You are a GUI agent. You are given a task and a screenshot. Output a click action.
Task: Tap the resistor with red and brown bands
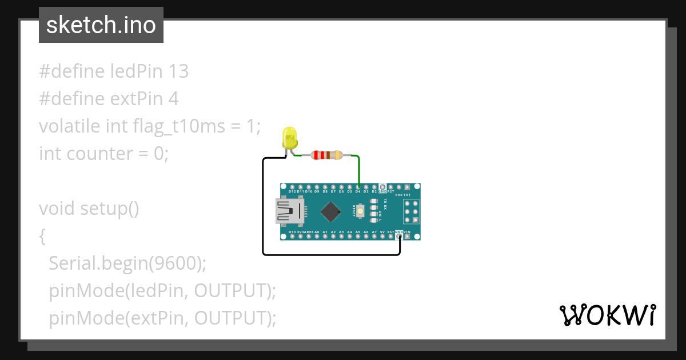[325, 155]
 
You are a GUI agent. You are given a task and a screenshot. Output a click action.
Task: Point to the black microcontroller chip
[330, 211]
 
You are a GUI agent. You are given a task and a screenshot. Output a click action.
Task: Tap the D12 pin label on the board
[292, 192]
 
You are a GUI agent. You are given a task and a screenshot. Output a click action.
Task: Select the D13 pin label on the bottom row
[292, 232]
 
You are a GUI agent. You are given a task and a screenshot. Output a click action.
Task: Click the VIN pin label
[407, 232]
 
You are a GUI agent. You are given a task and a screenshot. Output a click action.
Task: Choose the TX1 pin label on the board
[407, 195]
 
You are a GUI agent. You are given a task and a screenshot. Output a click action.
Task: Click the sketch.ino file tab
[101, 25]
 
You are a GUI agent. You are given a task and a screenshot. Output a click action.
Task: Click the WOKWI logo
[607, 315]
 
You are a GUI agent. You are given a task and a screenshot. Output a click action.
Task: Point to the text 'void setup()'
[89, 209]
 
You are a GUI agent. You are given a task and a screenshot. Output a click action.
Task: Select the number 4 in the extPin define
[173, 99]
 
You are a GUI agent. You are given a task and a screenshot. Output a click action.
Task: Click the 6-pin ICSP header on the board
[410, 211]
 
